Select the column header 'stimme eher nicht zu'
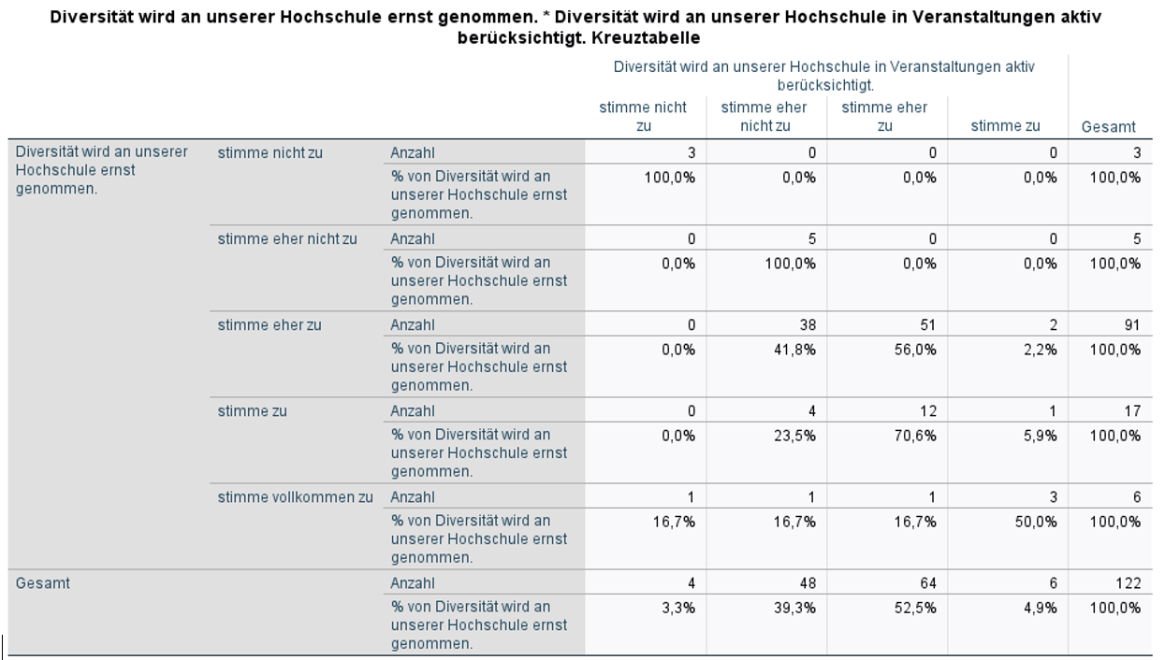pos(764,117)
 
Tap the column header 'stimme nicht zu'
pos(643,117)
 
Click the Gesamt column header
pos(1108,126)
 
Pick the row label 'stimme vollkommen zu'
pos(295,496)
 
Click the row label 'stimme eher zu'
pos(269,324)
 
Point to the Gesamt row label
pos(43,583)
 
